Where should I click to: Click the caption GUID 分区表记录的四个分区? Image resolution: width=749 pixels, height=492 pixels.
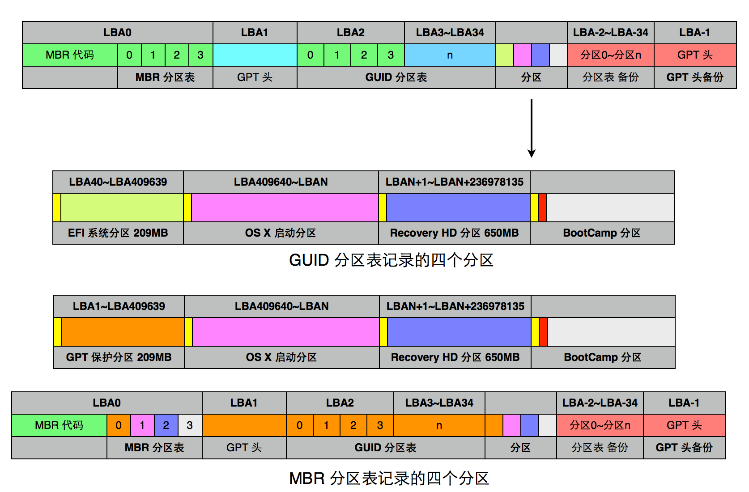(x=391, y=260)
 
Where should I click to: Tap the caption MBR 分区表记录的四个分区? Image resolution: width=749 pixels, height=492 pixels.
(x=389, y=478)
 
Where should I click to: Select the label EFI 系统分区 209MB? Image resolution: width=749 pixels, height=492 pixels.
(x=118, y=233)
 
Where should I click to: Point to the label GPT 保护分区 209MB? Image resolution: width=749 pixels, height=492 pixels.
(x=119, y=357)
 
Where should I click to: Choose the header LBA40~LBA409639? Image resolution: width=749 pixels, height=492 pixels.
(x=118, y=182)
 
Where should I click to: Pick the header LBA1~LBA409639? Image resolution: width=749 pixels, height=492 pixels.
(x=119, y=306)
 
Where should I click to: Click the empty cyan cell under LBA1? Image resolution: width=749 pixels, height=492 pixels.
(x=255, y=55)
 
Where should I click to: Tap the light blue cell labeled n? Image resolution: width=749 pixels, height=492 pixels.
(x=450, y=55)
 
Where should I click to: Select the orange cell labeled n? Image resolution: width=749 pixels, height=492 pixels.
(x=439, y=425)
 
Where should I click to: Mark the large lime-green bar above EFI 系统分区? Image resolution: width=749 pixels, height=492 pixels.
(x=122, y=208)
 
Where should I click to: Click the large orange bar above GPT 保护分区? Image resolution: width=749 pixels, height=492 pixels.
(x=123, y=332)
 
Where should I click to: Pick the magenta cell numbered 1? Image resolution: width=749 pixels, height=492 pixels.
(x=142, y=425)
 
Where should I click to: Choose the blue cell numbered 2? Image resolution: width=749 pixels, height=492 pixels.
(x=166, y=425)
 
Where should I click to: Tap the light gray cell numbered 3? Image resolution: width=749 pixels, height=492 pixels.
(x=190, y=425)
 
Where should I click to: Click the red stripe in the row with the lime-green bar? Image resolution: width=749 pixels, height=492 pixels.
(x=542, y=208)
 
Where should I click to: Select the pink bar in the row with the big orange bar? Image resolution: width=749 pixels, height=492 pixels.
(x=285, y=332)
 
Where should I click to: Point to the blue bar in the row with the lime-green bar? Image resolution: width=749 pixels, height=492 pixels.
(x=458, y=208)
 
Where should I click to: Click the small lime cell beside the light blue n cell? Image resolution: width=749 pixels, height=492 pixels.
(x=505, y=55)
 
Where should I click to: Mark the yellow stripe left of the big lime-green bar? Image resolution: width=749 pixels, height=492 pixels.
(x=57, y=208)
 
